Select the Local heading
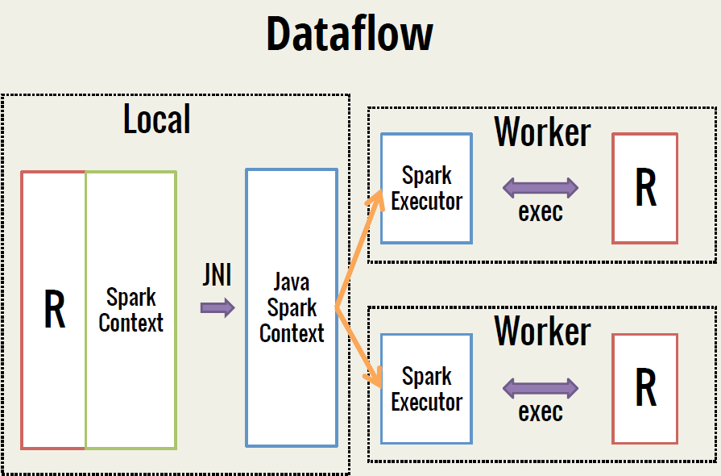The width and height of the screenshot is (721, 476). (157, 119)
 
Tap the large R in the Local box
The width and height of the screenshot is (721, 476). (54, 310)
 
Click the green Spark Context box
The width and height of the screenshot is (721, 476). (131, 310)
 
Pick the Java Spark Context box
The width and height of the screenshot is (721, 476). (292, 307)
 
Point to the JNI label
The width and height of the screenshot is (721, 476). (217, 276)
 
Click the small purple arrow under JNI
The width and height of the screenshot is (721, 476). (218, 307)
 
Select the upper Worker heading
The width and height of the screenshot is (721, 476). (542, 131)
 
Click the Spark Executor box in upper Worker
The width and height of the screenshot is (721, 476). (426, 189)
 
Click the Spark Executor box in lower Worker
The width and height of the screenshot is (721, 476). (426, 389)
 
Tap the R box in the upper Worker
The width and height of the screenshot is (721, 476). (645, 188)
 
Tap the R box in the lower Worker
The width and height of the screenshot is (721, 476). (645, 388)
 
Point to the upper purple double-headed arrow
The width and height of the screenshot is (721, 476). (541, 189)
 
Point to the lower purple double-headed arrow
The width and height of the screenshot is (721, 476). (541, 389)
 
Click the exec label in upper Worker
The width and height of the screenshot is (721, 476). (541, 213)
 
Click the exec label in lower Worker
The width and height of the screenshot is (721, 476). (541, 412)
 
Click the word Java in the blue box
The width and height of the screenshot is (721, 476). (292, 282)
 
